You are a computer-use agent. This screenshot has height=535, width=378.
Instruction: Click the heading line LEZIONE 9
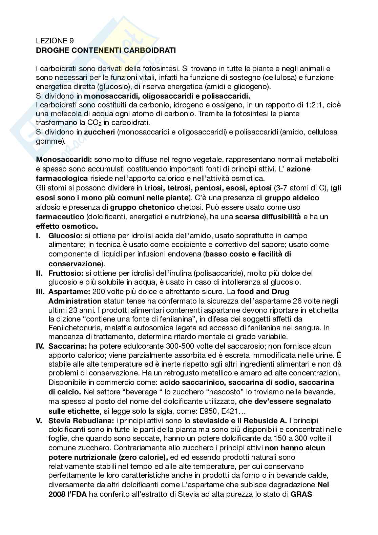tap(55, 41)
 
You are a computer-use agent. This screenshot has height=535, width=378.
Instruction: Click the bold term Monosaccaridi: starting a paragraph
tap(64, 159)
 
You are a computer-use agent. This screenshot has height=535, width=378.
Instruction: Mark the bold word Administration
tap(75, 301)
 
